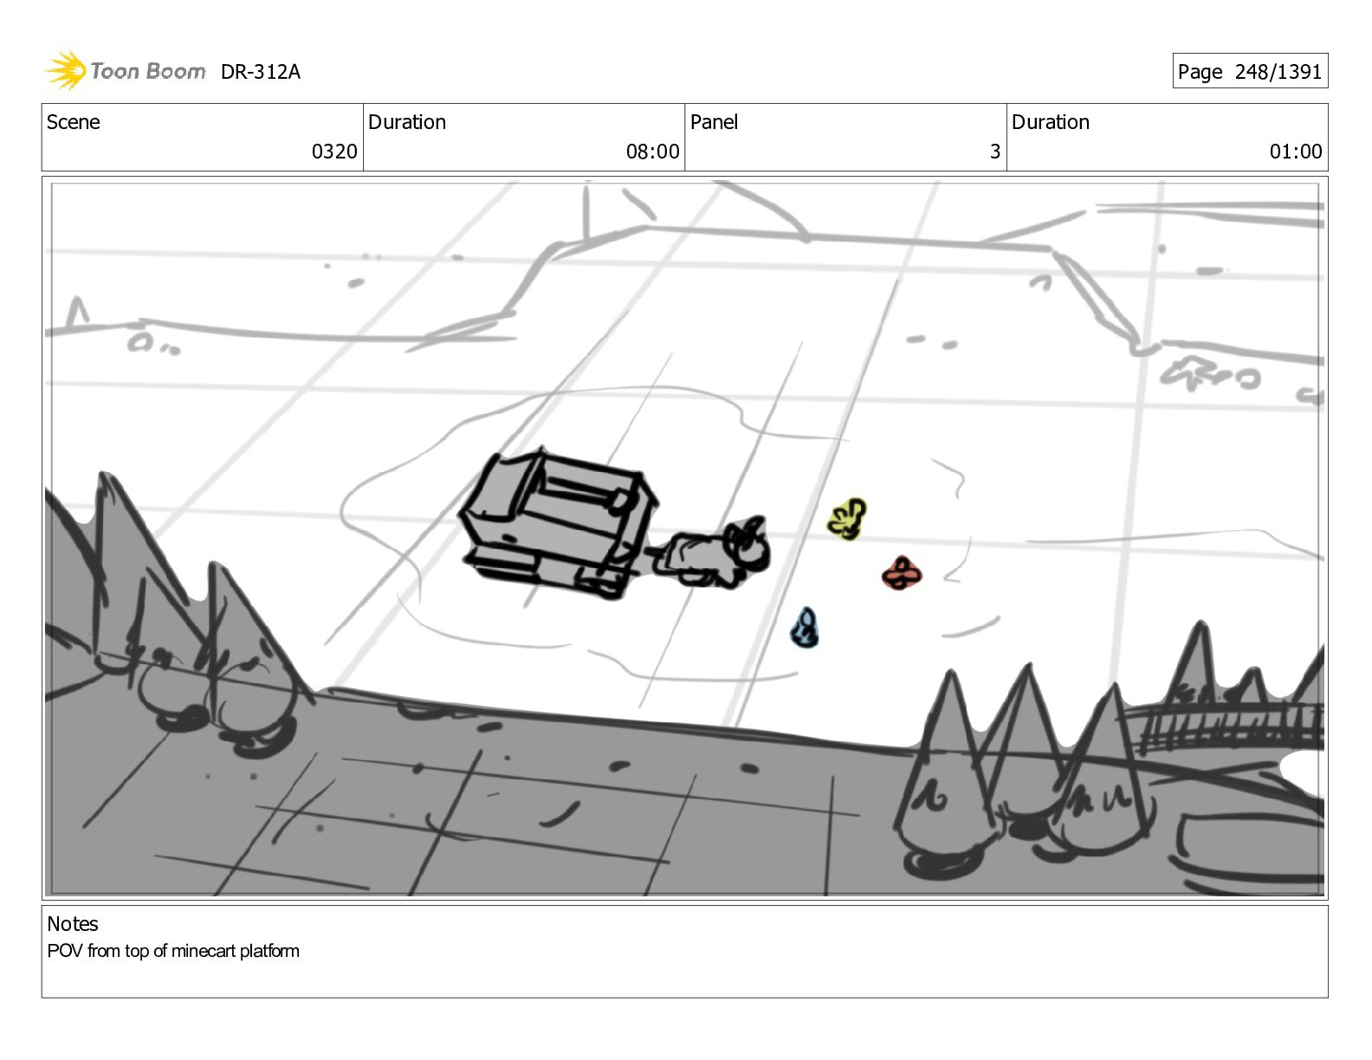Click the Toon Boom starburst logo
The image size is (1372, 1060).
coord(66,71)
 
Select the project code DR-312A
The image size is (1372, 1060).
coord(260,72)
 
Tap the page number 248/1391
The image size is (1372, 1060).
coord(1278,72)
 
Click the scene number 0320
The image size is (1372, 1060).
coord(334,152)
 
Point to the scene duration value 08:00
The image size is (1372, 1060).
coord(652,152)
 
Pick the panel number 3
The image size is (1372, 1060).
coord(994,152)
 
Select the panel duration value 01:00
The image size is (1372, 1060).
coord(1296,152)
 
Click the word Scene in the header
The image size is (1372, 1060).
coord(74,122)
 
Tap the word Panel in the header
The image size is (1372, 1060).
coord(714,122)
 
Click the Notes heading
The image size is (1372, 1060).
coord(73,924)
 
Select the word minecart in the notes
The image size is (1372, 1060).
coord(204,951)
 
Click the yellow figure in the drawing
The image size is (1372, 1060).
coord(847,519)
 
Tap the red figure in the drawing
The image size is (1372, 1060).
coord(902,573)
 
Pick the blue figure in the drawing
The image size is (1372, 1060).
coord(805,628)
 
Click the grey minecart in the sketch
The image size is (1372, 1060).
coord(559,523)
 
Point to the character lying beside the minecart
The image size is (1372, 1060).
coord(710,553)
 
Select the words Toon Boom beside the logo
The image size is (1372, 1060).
coord(148,71)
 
